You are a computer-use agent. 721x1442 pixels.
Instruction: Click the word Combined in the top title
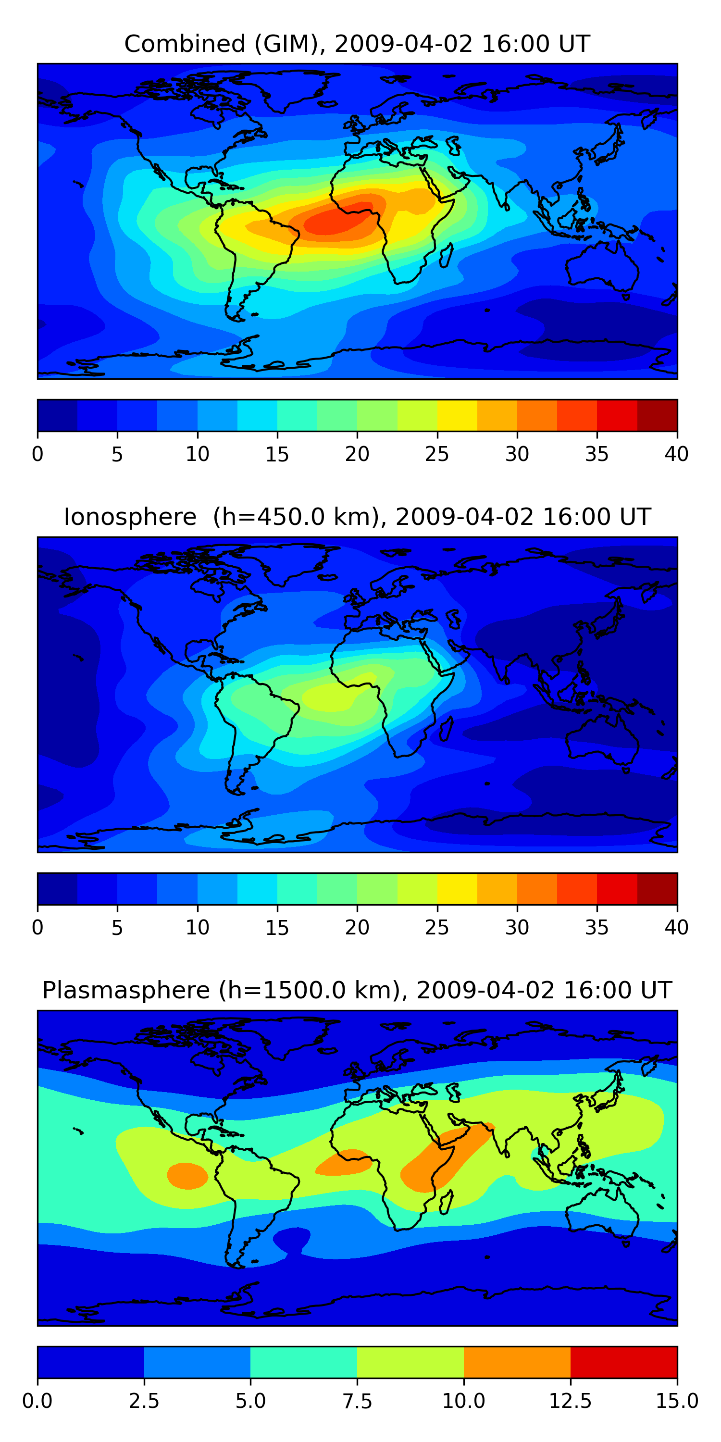click(x=185, y=44)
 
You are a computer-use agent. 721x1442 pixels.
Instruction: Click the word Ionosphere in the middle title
click(x=130, y=517)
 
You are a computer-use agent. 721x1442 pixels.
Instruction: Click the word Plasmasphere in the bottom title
click(x=126, y=990)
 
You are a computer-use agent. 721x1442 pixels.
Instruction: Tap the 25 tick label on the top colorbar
click(x=436, y=454)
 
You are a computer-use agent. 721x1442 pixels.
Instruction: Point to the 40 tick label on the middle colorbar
click(x=676, y=928)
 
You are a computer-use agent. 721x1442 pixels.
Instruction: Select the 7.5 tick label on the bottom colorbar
click(x=357, y=1401)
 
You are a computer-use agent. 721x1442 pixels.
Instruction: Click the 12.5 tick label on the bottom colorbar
click(x=570, y=1401)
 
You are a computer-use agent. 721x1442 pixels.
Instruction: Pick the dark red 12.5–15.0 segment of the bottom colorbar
click(x=623, y=1362)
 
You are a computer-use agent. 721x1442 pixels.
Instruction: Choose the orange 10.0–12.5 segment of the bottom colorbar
click(x=517, y=1362)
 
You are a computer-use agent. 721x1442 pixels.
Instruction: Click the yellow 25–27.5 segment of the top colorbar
click(x=457, y=415)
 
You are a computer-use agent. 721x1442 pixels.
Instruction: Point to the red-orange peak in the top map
click(x=336, y=221)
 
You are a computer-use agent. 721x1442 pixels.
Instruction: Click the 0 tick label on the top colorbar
click(x=37, y=454)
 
